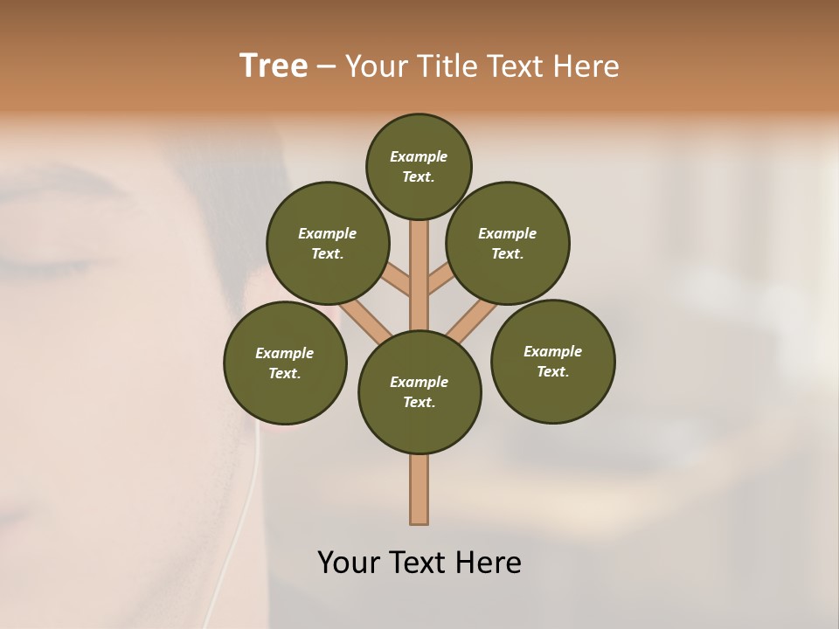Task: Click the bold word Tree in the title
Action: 274,66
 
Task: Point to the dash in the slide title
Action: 326,67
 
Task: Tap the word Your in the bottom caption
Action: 348,563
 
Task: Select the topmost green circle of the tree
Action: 419,166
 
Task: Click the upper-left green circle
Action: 327,243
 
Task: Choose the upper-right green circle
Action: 508,243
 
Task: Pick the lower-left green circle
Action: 285,363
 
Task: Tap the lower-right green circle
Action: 552,361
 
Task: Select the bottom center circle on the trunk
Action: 419,392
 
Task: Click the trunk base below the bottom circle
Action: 419,489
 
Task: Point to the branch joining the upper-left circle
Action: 397,282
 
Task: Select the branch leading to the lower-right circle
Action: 472,320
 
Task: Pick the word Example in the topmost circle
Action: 419,156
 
